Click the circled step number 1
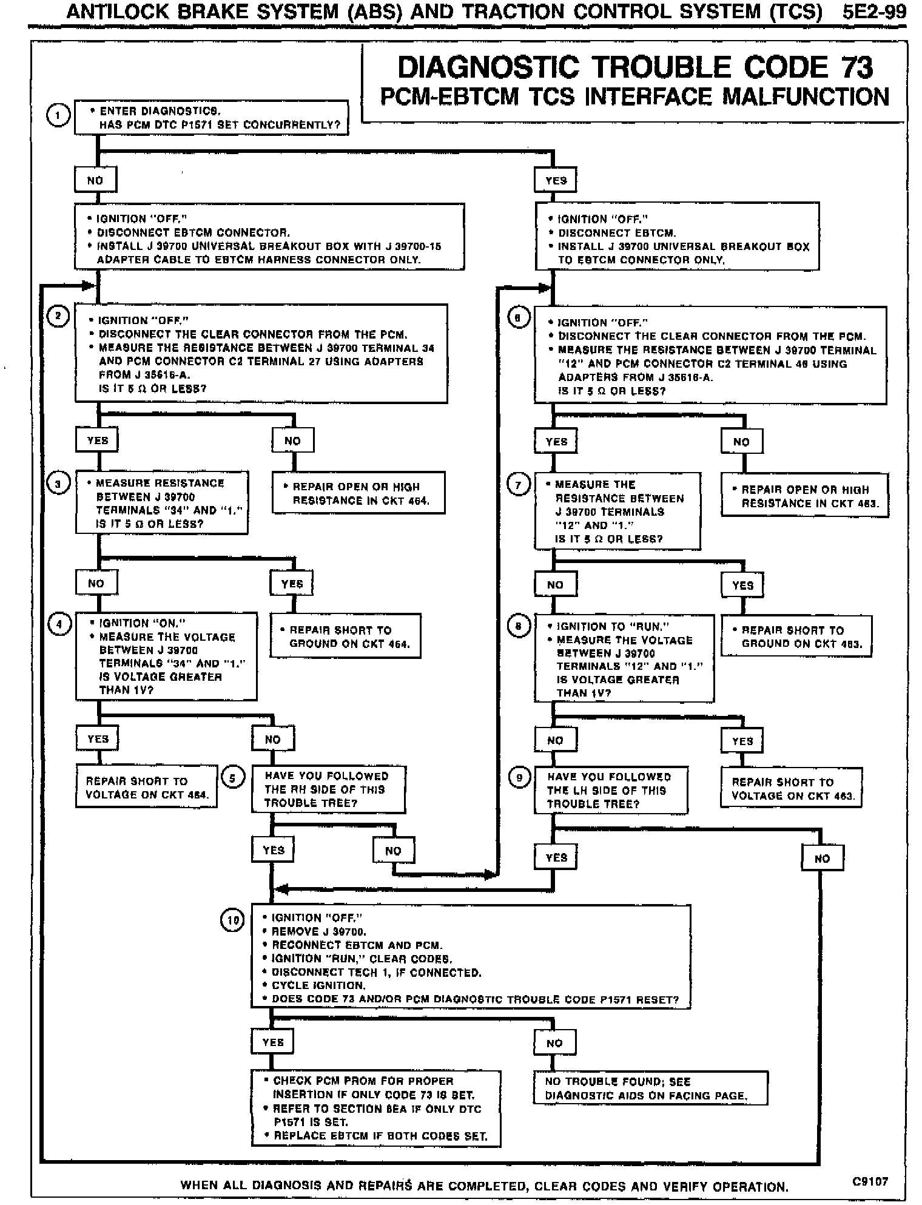click(58, 116)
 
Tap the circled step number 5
click(233, 777)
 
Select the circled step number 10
click(232, 920)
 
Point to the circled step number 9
click(519, 778)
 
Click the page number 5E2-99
click(873, 12)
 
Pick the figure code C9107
click(870, 1181)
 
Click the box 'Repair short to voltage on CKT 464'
click(146, 787)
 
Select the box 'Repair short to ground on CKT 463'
click(796, 636)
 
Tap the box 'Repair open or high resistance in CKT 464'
click(358, 493)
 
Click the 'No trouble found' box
click(650, 1088)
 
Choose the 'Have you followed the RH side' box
click(328, 789)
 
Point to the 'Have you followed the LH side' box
click(610, 790)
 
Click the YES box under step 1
click(556, 180)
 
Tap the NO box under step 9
click(822, 858)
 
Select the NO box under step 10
click(554, 1043)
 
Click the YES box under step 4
click(98, 739)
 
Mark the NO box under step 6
click(741, 442)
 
